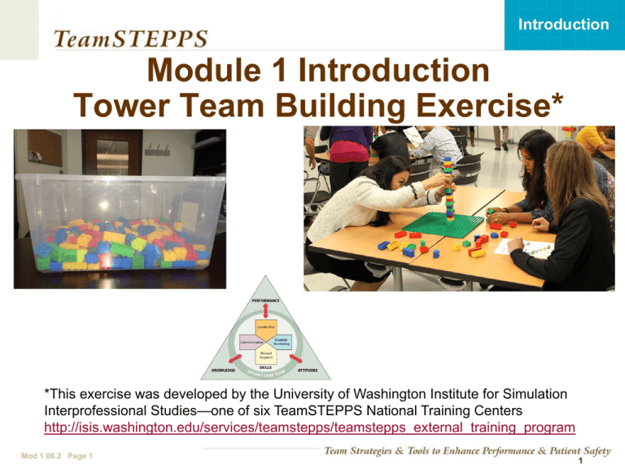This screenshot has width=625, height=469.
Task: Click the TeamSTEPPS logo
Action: pos(130,37)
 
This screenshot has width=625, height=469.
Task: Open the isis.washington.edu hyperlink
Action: pos(308,427)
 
